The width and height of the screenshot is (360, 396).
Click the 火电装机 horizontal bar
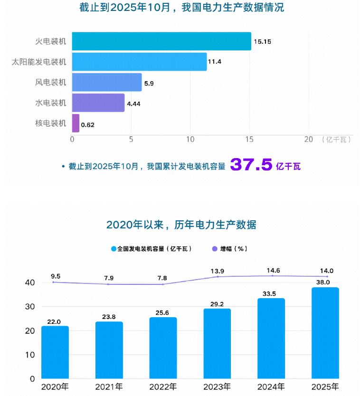(x=161, y=41)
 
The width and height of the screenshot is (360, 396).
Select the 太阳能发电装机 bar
(x=139, y=62)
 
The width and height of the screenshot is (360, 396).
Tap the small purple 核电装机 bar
(x=76, y=123)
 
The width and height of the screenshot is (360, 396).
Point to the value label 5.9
(x=149, y=83)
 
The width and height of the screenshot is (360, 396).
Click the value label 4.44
(x=133, y=104)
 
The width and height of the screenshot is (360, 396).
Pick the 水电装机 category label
(x=51, y=103)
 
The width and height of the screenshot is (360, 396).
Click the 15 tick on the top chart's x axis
(x=249, y=140)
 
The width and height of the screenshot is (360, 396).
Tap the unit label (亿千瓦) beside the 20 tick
(x=336, y=140)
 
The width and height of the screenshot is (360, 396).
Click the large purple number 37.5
(x=251, y=165)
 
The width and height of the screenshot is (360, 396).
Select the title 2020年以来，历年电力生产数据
(x=181, y=225)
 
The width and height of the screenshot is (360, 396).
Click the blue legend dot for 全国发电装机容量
(x=114, y=249)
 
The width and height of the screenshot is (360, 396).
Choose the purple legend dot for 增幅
(x=214, y=249)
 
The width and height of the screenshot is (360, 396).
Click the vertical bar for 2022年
(x=163, y=348)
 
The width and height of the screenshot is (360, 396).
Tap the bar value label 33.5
(x=271, y=294)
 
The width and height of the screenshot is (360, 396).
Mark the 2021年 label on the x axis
(x=109, y=387)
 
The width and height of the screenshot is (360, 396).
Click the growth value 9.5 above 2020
(x=55, y=276)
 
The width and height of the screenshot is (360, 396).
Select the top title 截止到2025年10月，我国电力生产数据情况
(x=182, y=8)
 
